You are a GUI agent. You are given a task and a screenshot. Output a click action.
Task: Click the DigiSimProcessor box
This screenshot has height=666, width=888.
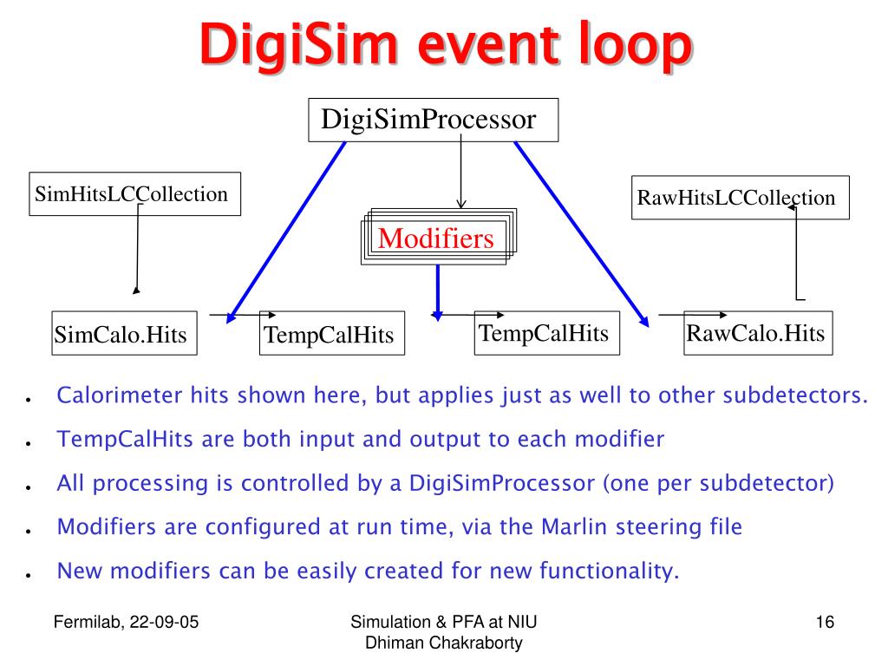(x=434, y=120)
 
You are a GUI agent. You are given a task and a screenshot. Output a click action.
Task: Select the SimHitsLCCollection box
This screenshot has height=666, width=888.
(x=134, y=194)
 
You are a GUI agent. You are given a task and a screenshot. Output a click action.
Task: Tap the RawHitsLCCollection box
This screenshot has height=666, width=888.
(x=739, y=198)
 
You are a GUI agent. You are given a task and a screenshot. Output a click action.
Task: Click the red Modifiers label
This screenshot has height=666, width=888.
(x=436, y=238)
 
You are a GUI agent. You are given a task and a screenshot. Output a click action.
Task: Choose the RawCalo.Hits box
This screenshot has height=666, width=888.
(x=757, y=333)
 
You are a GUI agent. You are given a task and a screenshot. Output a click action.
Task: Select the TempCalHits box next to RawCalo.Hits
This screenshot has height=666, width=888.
(x=546, y=333)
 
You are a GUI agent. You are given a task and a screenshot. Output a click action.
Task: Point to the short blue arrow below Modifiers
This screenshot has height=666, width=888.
(x=438, y=291)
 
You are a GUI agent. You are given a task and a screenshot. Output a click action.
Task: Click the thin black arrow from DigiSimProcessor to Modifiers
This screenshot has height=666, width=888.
(x=460, y=173)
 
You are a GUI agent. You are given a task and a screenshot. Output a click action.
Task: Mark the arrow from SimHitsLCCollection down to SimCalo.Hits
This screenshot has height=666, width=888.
(x=136, y=251)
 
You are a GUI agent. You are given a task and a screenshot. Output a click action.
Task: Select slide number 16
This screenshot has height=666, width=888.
(x=824, y=622)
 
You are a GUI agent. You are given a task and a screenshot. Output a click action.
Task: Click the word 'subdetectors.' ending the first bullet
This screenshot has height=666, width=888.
(x=797, y=396)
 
